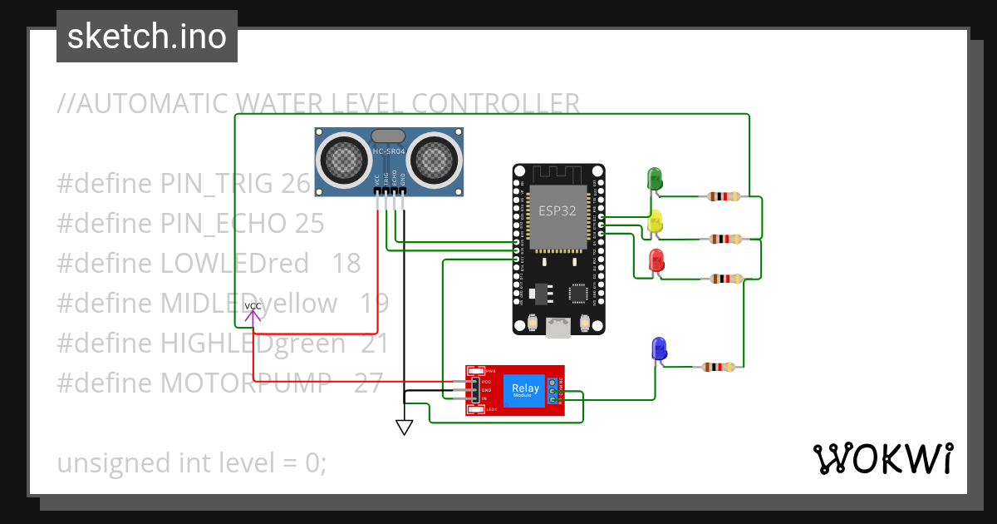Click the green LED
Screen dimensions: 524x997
(x=654, y=178)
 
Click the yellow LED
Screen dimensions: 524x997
(x=655, y=221)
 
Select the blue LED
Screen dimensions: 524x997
(x=659, y=348)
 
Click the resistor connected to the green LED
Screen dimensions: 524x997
(x=724, y=197)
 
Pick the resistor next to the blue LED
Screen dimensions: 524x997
(x=718, y=367)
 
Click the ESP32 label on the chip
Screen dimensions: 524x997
(x=557, y=210)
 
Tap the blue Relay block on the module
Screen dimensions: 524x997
(x=525, y=390)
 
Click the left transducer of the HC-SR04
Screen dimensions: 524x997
(x=344, y=160)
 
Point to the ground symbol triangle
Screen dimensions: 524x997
(x=404, y=427)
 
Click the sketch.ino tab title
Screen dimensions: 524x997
(x=147, y=37)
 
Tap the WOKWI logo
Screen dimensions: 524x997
(x=882, y=459)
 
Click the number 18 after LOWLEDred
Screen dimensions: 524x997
(x=346, y=264)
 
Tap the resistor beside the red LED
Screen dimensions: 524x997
(x=728, y=279)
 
